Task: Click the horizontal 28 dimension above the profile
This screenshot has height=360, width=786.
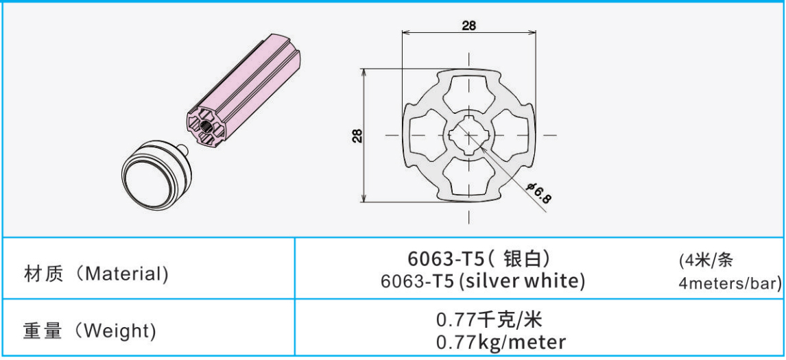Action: pos(468,25)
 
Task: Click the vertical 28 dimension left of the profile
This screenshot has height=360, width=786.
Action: pos(357,136)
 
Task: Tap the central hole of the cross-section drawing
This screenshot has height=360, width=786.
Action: pos(468,134)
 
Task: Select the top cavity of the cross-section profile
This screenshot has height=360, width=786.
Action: pos(468,93)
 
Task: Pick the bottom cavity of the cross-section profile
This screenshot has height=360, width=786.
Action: pos(468,176)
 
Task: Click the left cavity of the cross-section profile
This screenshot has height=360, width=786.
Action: pos(427,134)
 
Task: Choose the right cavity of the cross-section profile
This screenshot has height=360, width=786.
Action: pos(511,134)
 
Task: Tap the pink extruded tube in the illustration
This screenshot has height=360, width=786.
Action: pos(243,91)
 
